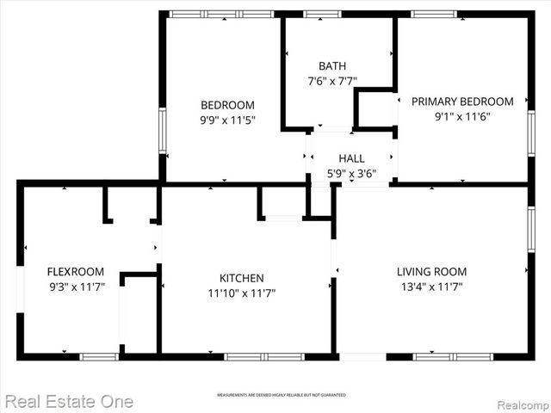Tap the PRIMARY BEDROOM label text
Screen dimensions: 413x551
[x=461, y=102]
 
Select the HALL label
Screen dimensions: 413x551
[x=351, y=158]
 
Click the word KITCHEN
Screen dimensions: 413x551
[x=241, y=278]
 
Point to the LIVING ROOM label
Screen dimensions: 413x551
[x=430, y=272]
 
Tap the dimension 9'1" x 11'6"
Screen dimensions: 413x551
[x=461, y=116]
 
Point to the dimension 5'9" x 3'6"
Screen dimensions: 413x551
[x=351, y=173]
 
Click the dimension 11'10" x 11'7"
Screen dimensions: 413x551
[x=241, y=293]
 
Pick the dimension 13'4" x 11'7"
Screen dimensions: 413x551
[x=430, y=287]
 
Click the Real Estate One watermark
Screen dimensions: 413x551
[x=68, y=401]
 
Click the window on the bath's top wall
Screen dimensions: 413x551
[x=322, y=14]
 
